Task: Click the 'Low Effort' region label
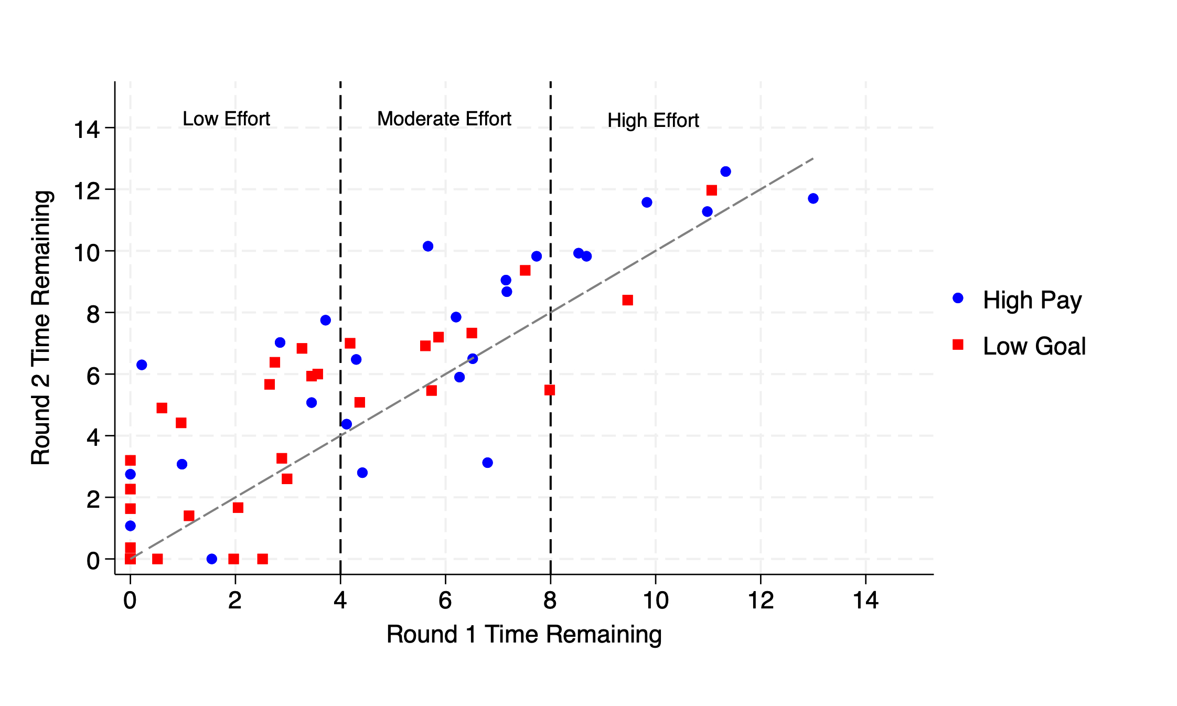(226, 119)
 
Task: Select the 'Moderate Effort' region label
(444, 119)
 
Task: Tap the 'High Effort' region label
(653, 121)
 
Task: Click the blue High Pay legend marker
(958, 298)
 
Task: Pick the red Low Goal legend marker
(958, 345)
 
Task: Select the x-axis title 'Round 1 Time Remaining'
(523, 634)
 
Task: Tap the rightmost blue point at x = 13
(813, 198)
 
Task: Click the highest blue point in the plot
(725, 172)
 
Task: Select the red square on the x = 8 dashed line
(550, 390)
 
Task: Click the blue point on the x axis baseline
(212, 559)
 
